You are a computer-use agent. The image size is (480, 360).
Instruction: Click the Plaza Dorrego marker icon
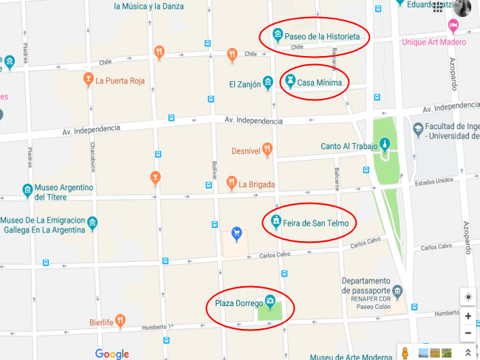point(270,302)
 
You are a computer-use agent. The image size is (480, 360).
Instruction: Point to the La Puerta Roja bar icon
point(88,80)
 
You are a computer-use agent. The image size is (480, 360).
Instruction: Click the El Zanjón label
point(244,85)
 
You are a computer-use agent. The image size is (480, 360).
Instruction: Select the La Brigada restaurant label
point(256,184)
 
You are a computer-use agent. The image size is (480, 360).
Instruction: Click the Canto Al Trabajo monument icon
point(383,145)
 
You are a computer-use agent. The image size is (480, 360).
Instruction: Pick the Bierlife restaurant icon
point(120,321)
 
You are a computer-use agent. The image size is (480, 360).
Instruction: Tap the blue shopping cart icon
point(236,234)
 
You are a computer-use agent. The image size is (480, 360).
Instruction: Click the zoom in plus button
point(468,316)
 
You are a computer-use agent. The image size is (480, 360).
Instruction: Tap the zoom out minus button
point(468,333)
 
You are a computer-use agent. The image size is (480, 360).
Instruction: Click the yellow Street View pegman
point(404,352)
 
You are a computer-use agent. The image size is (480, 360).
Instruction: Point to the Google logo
point(112,353)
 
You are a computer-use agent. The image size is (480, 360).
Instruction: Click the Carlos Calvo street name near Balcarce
point(365,242)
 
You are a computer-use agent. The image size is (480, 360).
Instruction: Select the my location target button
point(468,297)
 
